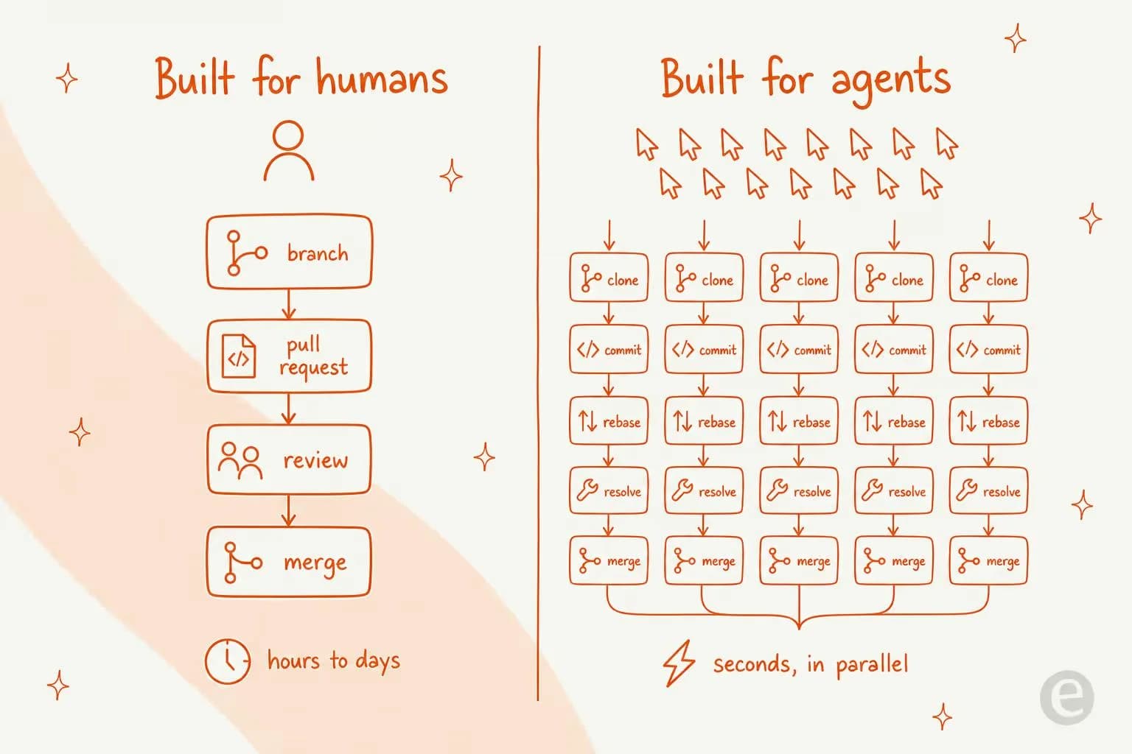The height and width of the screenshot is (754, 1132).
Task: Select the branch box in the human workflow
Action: [289, 252]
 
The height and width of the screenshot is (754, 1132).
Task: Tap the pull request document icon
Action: [239, 356]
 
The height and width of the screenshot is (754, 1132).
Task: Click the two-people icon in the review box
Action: [240, 461]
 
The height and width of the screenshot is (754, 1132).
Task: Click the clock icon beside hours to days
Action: [228, 661]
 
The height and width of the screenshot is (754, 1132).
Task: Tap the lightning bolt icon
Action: [679, 663]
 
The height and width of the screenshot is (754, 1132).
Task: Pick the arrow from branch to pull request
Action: [289, 304]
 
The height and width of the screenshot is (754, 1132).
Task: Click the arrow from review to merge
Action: [289, 510]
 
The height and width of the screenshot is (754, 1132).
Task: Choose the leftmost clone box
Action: [609, 278]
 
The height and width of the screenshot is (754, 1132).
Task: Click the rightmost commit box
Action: [988, 349]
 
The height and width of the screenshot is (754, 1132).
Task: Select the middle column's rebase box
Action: [799, 420]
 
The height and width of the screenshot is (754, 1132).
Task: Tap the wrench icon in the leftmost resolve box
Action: [587, 490]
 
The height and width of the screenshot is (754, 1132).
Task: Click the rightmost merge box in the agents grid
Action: [988, 560]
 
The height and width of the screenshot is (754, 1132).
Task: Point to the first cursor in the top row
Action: [647, 144]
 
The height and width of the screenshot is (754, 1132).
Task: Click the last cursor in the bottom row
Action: [932, 183]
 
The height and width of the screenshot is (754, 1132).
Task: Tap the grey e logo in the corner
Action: [1067, 697]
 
